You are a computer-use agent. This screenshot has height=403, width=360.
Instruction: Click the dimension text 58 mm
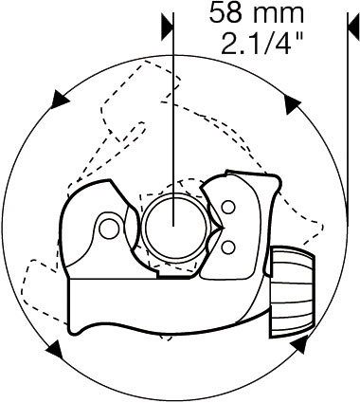[x=257, y=12]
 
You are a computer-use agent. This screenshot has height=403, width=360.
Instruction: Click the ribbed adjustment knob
[x=293, y=292]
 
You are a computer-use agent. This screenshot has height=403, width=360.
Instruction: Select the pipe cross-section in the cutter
[x=174, y=227]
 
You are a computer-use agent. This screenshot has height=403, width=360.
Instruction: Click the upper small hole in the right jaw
[x=228, y=208]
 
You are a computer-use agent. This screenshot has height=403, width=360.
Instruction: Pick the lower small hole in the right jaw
[x=228, y=247]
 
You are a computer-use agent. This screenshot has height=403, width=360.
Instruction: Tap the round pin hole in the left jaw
[x=107, y=229]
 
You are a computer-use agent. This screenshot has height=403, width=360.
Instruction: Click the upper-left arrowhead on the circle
[x=59, y=100]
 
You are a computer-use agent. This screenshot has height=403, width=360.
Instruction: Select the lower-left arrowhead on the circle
[x=55, y=350]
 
